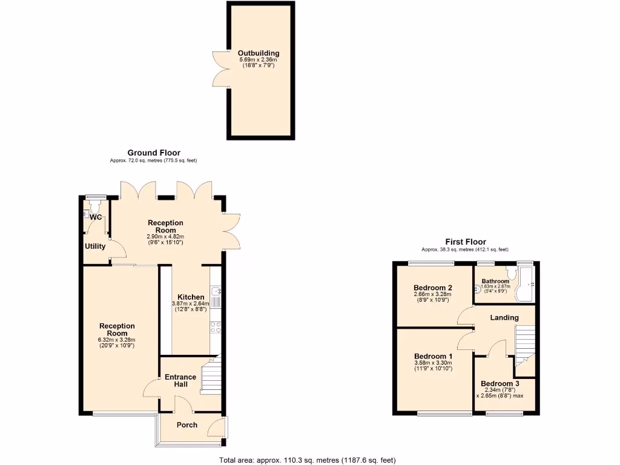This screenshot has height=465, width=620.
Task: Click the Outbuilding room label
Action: (x=259, y=53)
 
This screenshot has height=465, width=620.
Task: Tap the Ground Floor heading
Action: (x=154, y=153)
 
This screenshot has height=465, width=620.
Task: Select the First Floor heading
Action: (x=465, y=242)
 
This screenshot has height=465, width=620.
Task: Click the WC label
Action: (x=96, y=217)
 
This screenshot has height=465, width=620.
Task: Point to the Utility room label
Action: (x=95, y=246)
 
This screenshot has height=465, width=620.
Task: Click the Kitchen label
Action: (x=191, y=297)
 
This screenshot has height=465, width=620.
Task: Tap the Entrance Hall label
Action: (x=180, y=381)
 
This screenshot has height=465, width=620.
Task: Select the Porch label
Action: (x=186, y=425)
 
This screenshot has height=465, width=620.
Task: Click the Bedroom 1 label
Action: (x=434, y=356)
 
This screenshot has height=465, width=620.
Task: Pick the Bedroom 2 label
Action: (x=433, y=288)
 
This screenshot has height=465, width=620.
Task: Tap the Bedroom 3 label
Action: (x=500, y=383)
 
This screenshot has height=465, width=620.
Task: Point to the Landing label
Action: (x=504, y=317)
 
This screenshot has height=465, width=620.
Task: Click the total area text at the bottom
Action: (x=308, y=460)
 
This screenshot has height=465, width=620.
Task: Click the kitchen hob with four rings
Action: (x=216, y=328)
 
